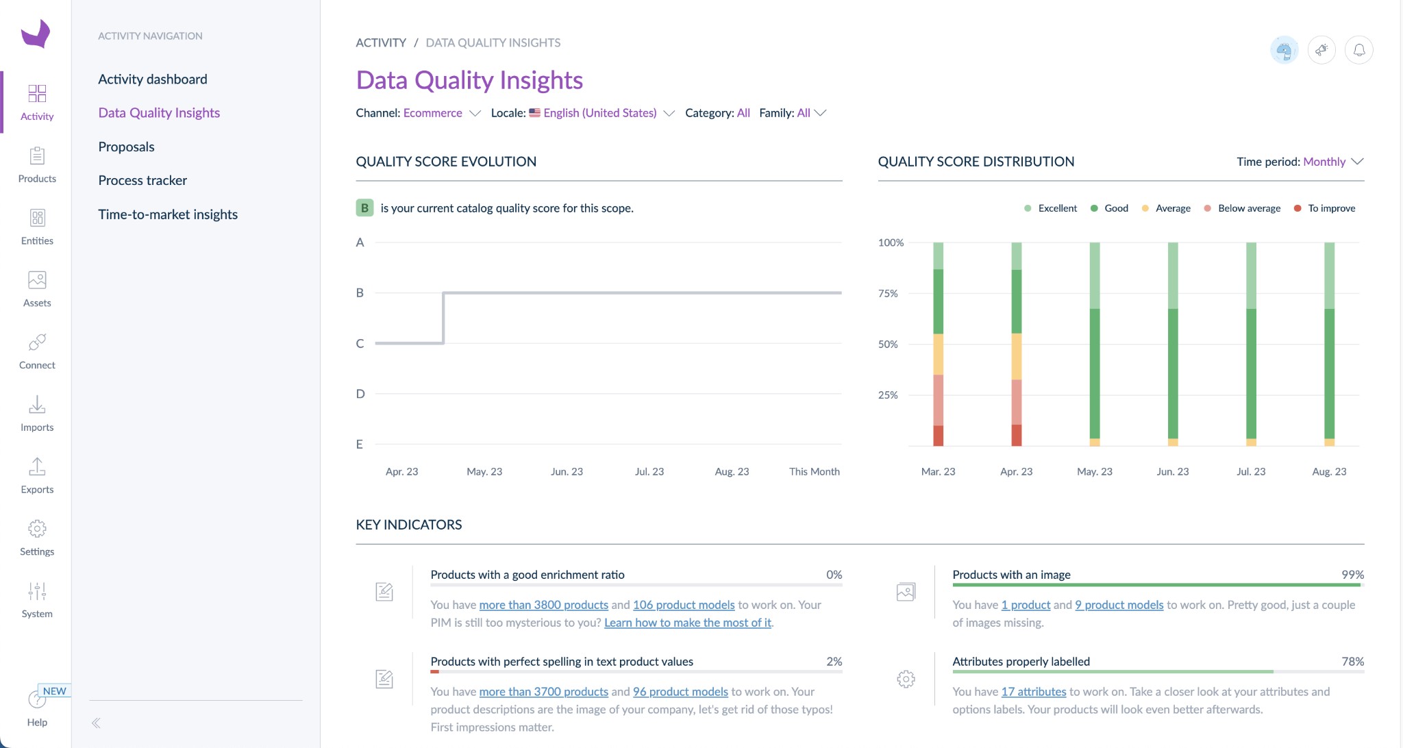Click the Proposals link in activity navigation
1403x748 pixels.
126,147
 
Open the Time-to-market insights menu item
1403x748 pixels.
168,214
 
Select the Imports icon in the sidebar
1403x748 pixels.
37,413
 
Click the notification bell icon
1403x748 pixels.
1358,50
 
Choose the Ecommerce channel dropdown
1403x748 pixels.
441,113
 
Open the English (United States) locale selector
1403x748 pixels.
600,113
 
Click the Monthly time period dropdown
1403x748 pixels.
1332,162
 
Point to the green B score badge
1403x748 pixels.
364,208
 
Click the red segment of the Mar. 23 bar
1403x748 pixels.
938,436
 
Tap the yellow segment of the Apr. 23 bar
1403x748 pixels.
1016,356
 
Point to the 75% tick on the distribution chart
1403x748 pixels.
888,293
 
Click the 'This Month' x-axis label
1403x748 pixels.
814,471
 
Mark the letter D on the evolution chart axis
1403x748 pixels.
360,394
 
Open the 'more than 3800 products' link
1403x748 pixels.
543,605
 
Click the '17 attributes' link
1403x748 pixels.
1033,692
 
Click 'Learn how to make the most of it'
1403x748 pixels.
687,623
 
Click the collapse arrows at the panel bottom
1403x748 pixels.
96,723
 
